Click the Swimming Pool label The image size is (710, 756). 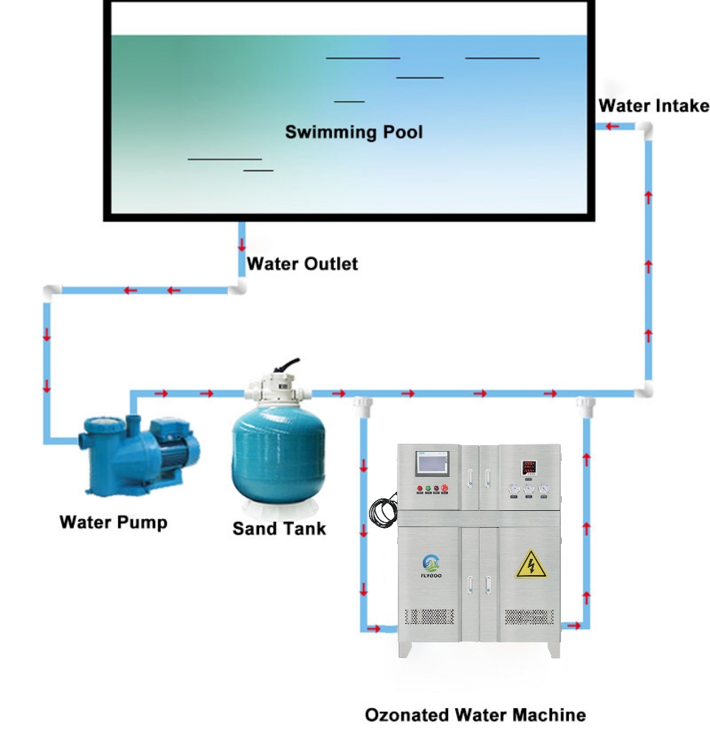pos(354,133)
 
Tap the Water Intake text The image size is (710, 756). pos(653,106)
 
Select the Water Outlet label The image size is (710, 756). pos(302,264)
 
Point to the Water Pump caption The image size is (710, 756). pos(113,523)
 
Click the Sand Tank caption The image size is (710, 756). pos(278,529)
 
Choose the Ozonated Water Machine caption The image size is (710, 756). pos(475,715)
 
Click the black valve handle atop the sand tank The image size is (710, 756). pos(286,366)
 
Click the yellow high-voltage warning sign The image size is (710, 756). pos(530,565)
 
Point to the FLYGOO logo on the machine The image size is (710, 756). pos(430,567)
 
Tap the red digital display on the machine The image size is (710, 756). pos(528,467)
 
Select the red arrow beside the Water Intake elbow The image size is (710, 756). pos(612,127)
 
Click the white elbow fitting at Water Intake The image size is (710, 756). pos(646,129)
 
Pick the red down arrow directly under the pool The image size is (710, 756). pos(241,244)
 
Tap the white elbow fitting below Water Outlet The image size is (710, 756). pos(237,288)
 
